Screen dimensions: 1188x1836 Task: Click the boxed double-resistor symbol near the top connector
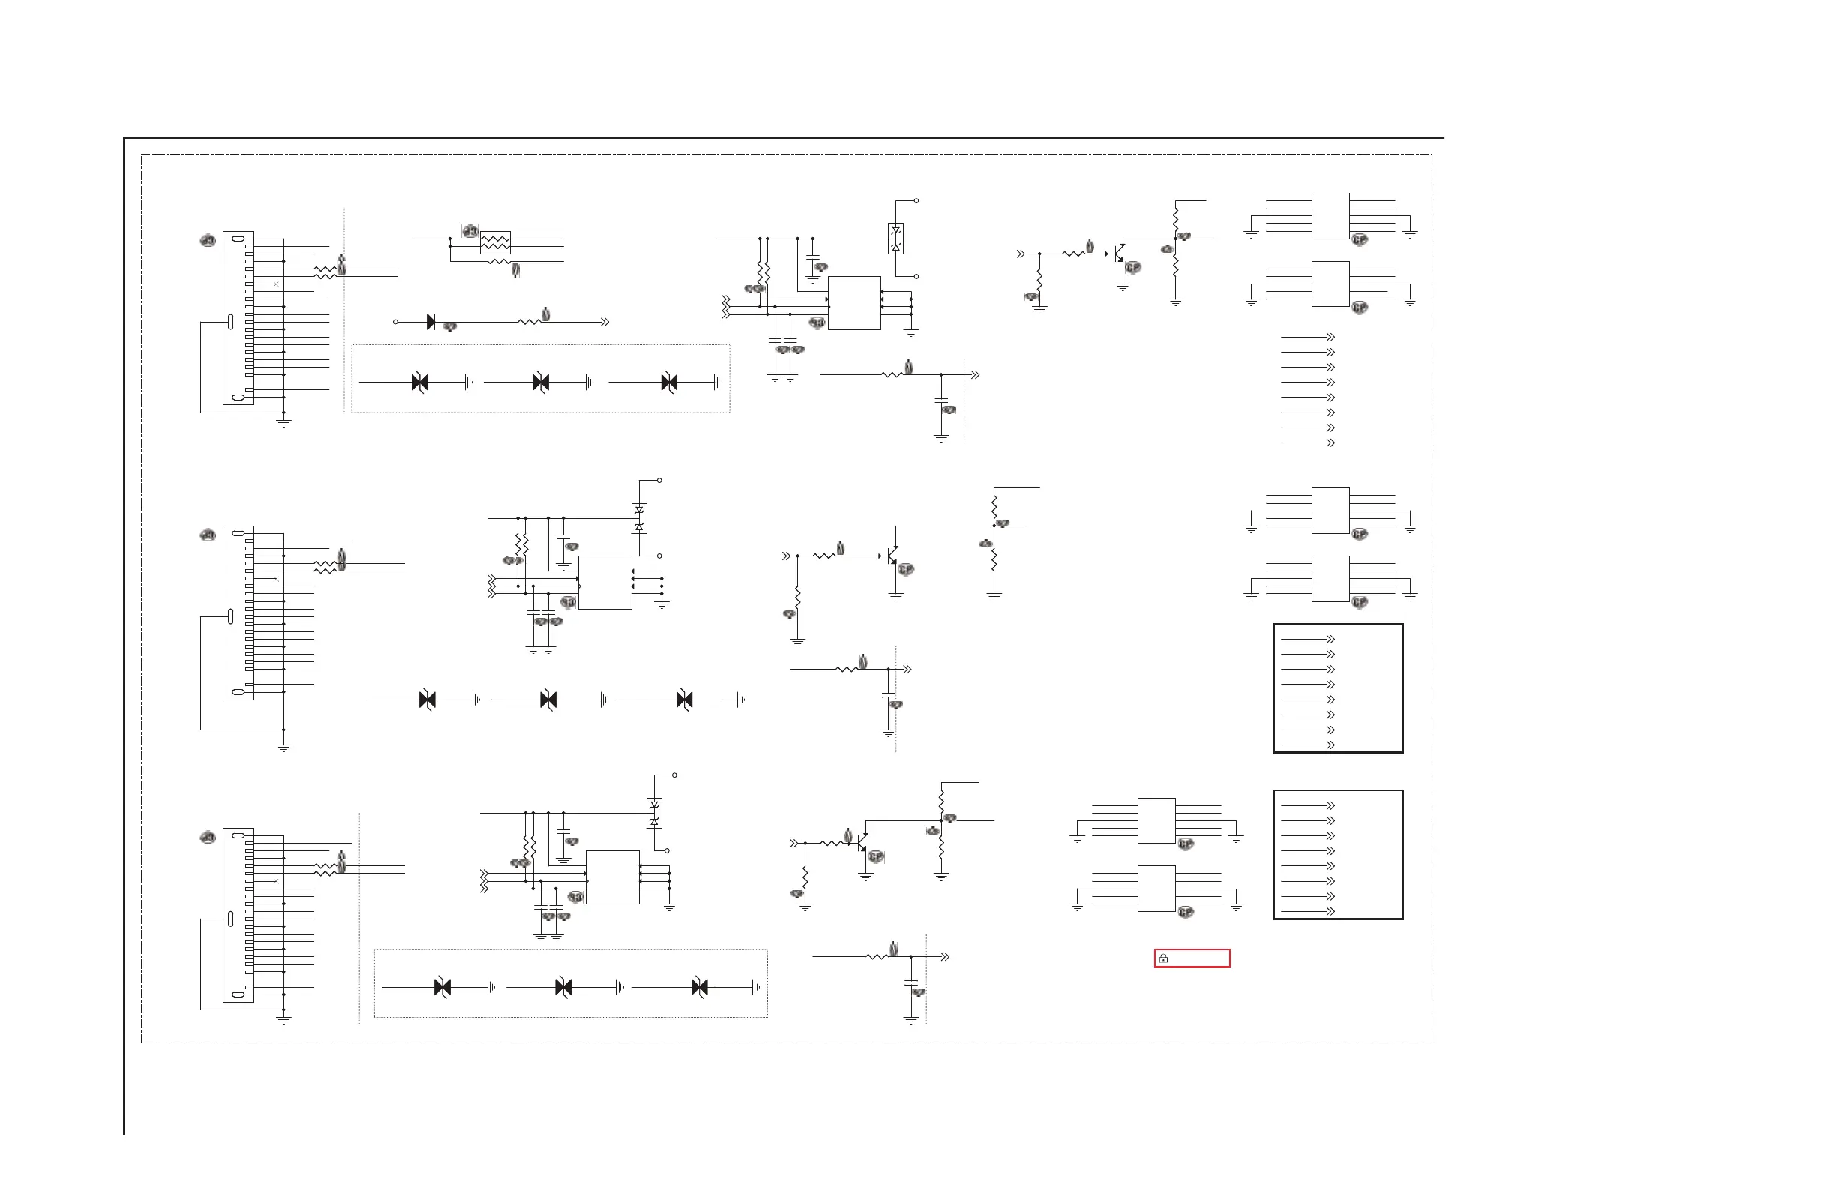point(495,242)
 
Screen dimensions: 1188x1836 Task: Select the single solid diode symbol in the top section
point(430,322)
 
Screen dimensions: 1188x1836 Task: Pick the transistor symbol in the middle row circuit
point(892,556)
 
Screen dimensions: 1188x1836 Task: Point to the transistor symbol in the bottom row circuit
point(862,843)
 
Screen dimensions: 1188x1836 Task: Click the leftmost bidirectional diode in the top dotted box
point(420,382)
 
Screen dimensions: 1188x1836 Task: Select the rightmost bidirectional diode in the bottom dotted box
point(700,987)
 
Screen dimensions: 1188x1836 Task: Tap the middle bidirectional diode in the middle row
point(548,700)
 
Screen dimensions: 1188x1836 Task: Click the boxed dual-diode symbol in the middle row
point(639,518)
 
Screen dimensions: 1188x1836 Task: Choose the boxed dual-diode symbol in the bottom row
point(654,813)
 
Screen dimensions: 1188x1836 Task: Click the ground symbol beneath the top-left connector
point(284,423)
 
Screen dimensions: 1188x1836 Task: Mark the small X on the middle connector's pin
point(276,578)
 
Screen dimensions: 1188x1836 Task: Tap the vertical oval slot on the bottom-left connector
point(231,919)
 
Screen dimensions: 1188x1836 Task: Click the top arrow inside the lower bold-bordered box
point(1330,805)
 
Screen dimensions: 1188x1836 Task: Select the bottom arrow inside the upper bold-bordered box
point(1330,745)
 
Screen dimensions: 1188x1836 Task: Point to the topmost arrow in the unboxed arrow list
point(1330,337)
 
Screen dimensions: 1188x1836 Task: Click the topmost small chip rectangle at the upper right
point(1330,216)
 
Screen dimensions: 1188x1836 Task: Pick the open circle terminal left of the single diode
point(396,322)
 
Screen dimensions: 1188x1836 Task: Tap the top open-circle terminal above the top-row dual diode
point(916,200)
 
